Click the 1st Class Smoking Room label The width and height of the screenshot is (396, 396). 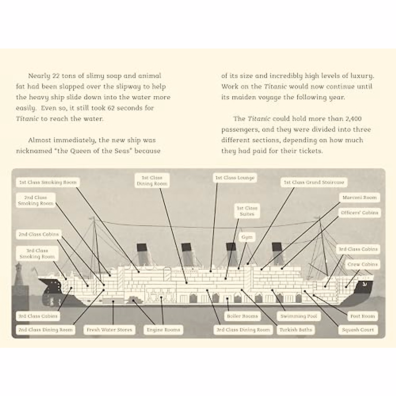(x=48, y=182)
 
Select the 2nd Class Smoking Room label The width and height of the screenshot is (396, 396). (x=36, y=200)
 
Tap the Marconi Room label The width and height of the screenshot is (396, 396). (x=359, y=197)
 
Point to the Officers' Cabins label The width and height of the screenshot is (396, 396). (x=359, y=213)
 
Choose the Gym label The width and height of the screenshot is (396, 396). (x=247, y=237)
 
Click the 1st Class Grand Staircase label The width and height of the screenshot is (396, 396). (x=314, y=182)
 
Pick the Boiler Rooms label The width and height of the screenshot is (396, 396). (x=242, y=316)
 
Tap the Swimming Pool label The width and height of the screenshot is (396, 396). (x=299, y=316)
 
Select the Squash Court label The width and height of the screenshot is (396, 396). (x=358, y=330)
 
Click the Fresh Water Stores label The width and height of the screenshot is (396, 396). (x=109, y=330)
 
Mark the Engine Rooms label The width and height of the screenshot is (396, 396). (x=163, y=330)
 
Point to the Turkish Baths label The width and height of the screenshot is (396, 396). (x=296, y=330)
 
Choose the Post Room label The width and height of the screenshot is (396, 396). (x=362, y=316)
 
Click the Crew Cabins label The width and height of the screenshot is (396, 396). (x=362, y=264)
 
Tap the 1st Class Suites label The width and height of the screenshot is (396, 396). (x=247, y=211)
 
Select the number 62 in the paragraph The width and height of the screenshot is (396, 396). (x=112, y=108)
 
